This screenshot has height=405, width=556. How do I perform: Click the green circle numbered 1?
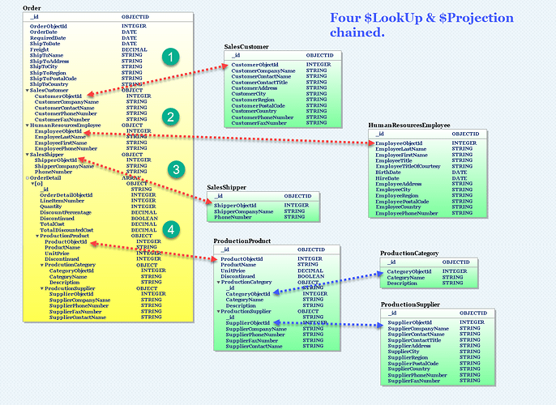click(169, 56)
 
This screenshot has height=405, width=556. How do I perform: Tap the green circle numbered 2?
click(169, 117)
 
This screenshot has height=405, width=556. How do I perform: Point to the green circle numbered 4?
click(169, 230)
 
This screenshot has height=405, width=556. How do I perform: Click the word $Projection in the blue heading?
click(475, 18)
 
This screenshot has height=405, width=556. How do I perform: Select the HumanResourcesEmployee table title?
click(408, 126)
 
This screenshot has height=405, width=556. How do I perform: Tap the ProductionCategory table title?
click(409, 254)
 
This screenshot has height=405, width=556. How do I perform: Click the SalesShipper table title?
click(226, 187)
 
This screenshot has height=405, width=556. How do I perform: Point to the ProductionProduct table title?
click(242, 241)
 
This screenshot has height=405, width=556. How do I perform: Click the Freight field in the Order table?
click(40, 49)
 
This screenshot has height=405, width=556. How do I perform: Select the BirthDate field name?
click(389, 172)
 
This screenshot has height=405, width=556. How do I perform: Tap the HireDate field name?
click(387, 177)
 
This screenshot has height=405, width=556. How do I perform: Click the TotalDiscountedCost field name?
click(70, 230)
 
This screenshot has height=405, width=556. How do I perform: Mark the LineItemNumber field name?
click(62, 200)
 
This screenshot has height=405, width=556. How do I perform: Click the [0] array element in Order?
click(37, 183)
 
